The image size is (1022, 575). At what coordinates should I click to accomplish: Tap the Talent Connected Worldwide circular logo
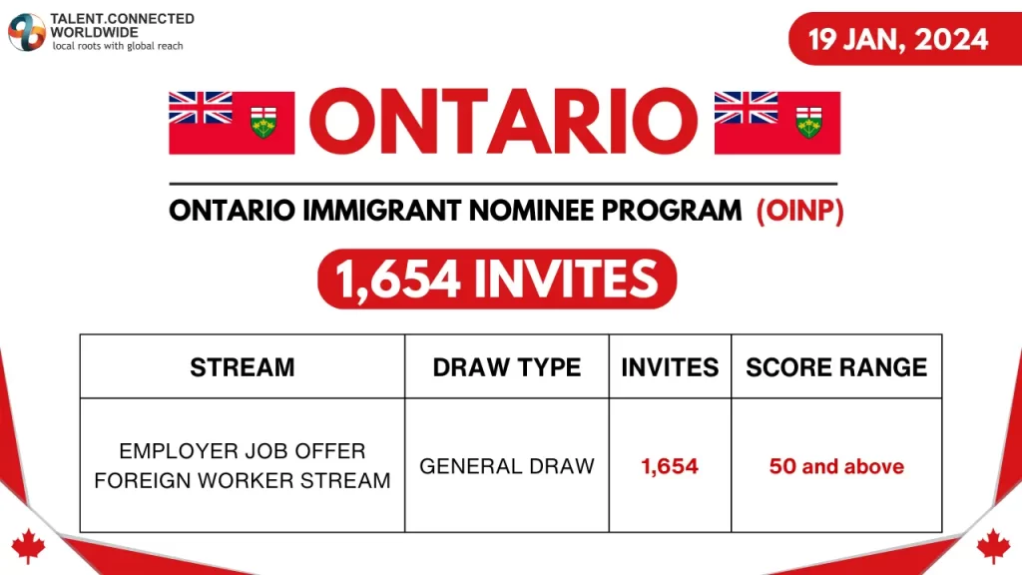tap(26, 32)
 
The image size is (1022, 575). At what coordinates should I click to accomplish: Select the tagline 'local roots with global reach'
tap(118, 47)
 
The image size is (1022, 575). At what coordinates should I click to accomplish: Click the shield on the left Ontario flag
tap(263, 123)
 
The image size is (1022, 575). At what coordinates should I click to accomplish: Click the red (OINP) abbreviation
tap(799, 211)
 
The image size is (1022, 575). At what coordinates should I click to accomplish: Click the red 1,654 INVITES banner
tap(496, 279)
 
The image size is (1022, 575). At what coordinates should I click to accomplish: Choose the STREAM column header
tap(243, 367)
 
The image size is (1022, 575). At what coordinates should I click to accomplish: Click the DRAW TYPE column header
tap(507, 367)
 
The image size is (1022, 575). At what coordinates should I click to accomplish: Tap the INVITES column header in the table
tap(670, 367)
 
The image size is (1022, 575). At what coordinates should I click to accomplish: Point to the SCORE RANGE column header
tap(836, 367)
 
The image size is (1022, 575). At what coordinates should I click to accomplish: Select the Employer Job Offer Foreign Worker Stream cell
tap(243, 466)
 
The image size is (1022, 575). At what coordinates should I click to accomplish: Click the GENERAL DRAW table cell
tap(507, 466)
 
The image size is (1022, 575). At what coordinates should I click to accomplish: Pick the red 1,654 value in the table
tap(670, 466)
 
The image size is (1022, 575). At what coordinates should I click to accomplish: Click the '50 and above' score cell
tap(836, 466)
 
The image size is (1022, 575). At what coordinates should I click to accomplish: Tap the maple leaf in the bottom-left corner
tap(27, 545)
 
